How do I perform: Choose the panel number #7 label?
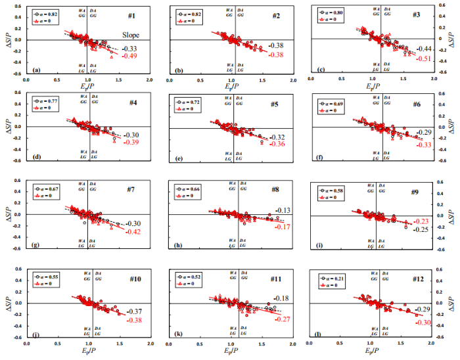[x=131, y=190]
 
